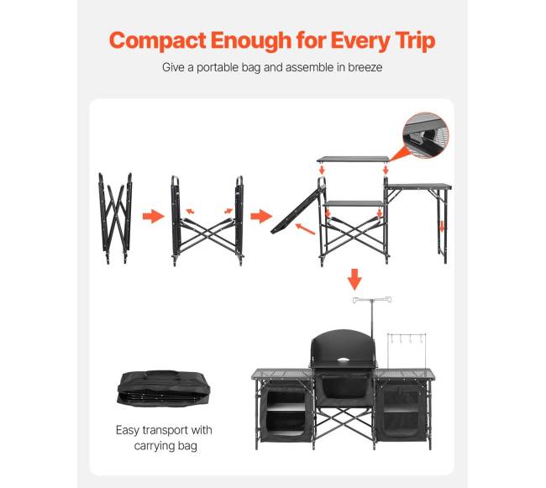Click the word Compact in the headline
pyautogui.click(x=157, y=41)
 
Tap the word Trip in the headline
pyautogui.click(x=416, y=41)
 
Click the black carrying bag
pyautogui.click(x=164, y=388)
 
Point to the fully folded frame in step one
pyautogui.click(x=115, y=218)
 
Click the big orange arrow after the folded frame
pyautogui.click(x=153, y=216)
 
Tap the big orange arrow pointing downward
pyautogui.click(x=354, y=279)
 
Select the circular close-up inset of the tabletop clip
pyautogui.click(x=426, y=135)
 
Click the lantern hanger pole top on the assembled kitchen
pyautogui.click(x=372, y=300)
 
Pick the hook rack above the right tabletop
pyautogui.click(x=407, y=338)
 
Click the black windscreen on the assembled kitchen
pyautogui.click(x=344, y=348)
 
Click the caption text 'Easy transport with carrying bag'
pyautogui.click(x=164, y=438)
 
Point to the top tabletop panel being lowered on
pyautogui.click(x=354, y=160)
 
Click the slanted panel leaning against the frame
pyautogui.click(x=298, y=210)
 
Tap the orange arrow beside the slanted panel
pyautogui.click(x=306, y=229)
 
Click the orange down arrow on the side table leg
pyautogui.click(x=442, y=227)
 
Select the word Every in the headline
pyautogui.click(x=360, y=41)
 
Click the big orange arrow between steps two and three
pyautogui.click(x=261, y=216)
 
